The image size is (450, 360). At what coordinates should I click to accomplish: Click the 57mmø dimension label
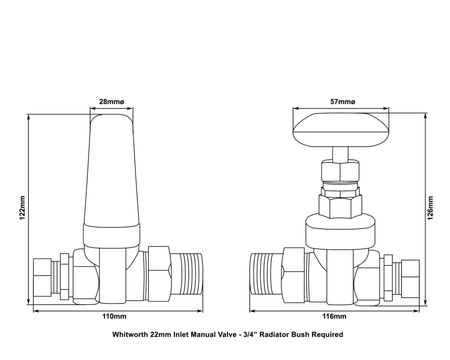point(342,102)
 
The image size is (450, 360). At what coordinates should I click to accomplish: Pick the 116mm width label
point(335,316)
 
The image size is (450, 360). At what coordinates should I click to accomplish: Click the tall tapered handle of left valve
point(112,171)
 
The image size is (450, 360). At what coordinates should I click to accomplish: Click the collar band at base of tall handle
point(112,233)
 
